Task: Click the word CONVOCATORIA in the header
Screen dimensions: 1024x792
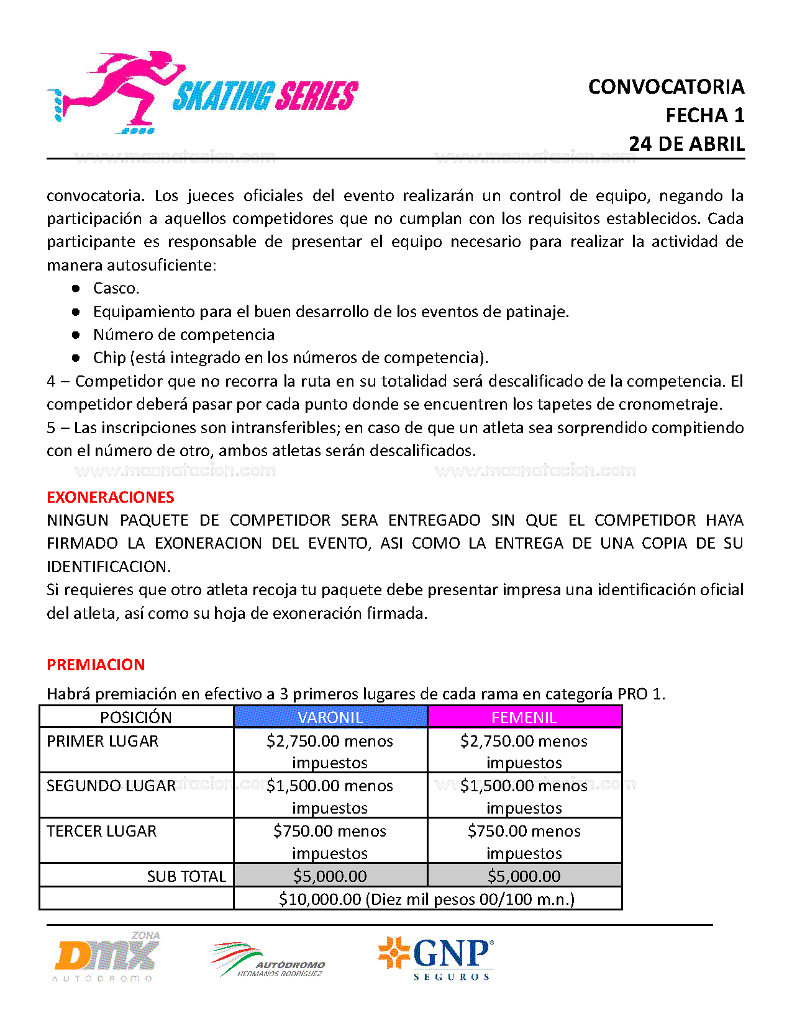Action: pyautogui.click(x=666, y=87)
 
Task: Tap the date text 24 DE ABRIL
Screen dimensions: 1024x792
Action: pyautogui.click(x=686, y=144)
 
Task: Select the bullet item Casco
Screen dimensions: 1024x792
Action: pyautogui.click(x=116, y=289)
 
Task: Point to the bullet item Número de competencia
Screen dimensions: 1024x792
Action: pyautogui.click(x=183, y=335)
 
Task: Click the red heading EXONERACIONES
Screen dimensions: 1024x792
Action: pyautogui.click(x=110, y=497)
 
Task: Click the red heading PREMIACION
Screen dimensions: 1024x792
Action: pyautogui.click(x=96, y=665)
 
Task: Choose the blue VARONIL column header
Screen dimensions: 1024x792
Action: pyautogui.click(x=330, y=717)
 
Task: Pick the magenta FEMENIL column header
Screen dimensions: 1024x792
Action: pyautogui.click(x=524, y=717)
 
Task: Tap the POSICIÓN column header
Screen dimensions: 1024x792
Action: pyautogui.click(x=136, y=717)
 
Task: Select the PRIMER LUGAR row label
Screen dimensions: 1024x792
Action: pyautogui.click(x=102, y=742)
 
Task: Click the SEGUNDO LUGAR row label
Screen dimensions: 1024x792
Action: pyautogui.click(x=111, y=786)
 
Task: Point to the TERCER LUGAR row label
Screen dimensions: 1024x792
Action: pyautogui.click(x=102, y=832)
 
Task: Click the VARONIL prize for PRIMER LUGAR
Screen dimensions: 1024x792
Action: pyautogui.click(x=330, y=752)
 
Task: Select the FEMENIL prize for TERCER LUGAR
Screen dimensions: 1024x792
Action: pyautogui.click(x=524, y=842)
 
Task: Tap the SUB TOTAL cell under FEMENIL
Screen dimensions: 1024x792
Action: pyautogui.click(x=524, y=876)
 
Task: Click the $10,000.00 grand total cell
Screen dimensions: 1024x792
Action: pyautogui.click(x=427, y=899)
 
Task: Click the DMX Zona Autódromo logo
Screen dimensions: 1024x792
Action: pyautogui.click(x=107, y=958)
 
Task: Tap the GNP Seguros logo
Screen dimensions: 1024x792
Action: pyautogui.click(x=437, y=958)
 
